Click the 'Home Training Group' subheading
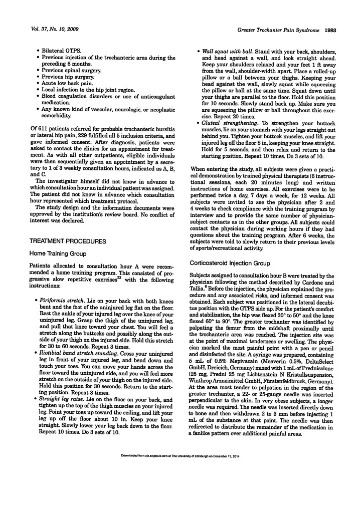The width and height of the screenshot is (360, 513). (x=55, y=254)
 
